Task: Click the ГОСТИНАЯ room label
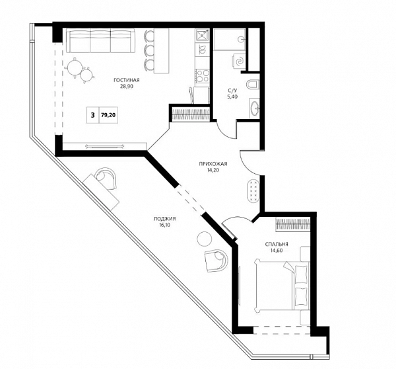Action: (127, 80)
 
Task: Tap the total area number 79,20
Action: (108, 115)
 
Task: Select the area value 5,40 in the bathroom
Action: (232, 97)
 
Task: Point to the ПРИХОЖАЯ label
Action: (213, 164)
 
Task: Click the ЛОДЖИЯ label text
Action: (164, 219)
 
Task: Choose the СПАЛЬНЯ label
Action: (277, 245)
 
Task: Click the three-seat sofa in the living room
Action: (101, 40)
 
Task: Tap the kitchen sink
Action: (203, 35)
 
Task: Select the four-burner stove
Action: (203, 75)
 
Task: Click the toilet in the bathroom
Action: (253, 84)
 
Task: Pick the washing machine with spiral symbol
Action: (239, 61)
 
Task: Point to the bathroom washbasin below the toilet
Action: (255, 108)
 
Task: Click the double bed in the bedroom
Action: (282, 286)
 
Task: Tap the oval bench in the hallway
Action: (253, 190)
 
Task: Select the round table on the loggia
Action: (204, 239)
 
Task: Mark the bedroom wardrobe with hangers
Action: (293, 224)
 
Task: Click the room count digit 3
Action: (93, 115)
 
